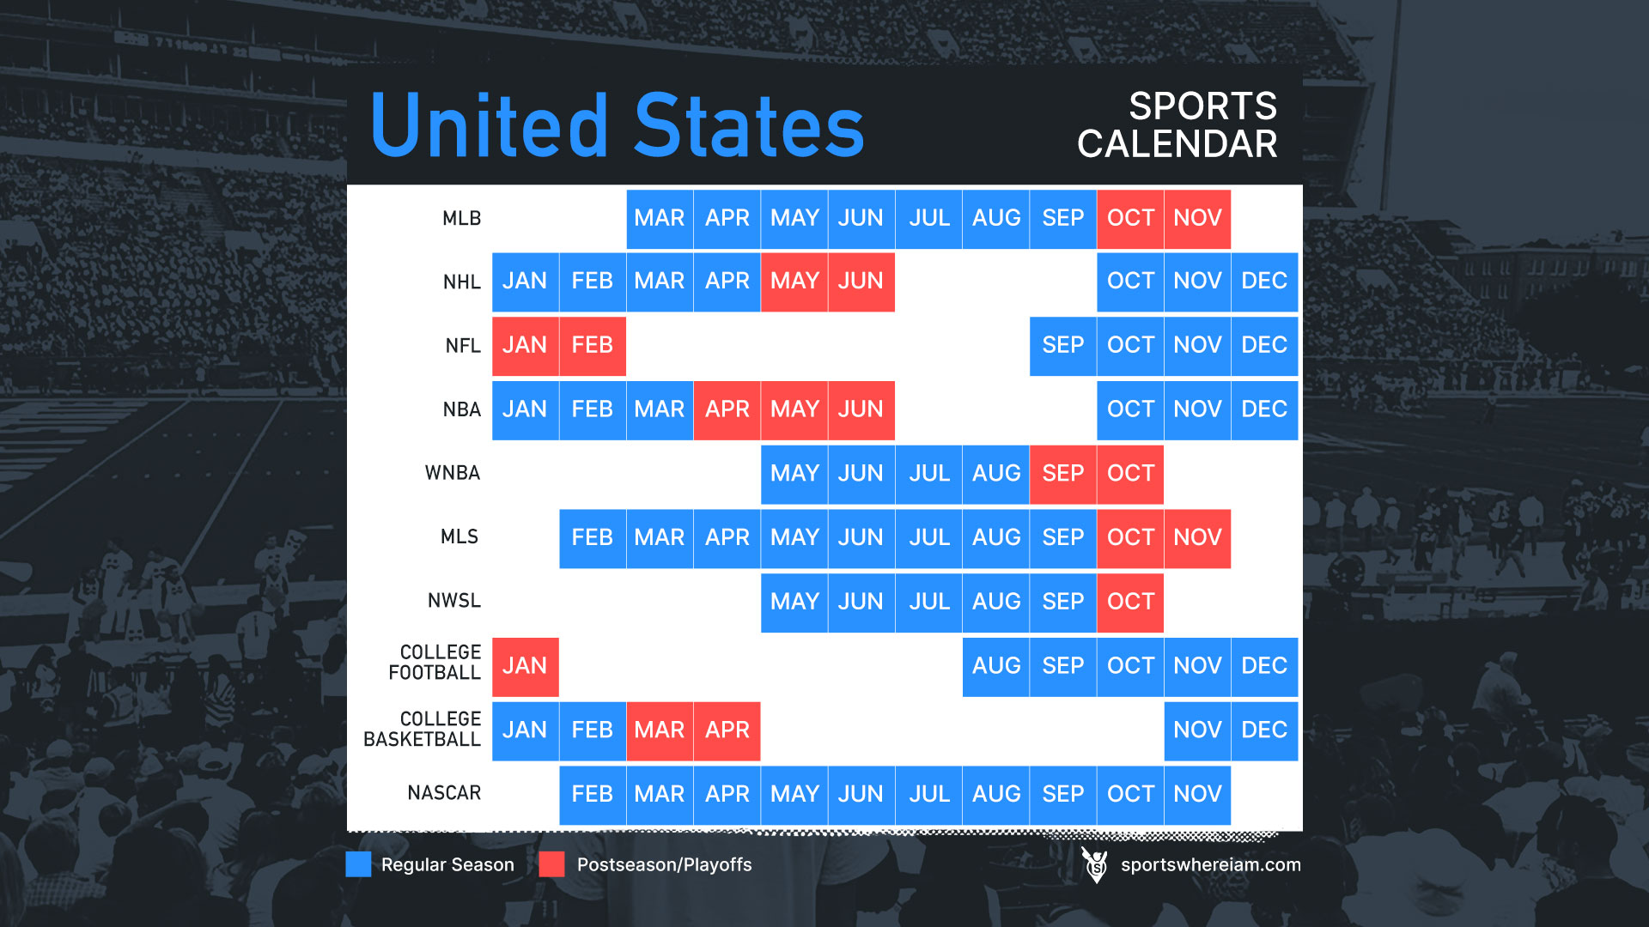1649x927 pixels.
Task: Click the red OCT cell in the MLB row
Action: pos(1130,219)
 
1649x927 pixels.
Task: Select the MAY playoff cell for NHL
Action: pos(794,282)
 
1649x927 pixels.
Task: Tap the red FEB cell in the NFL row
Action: pos(593,346)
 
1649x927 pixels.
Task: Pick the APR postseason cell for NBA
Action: pos(727,410)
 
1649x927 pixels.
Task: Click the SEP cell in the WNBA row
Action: pos(1063,474)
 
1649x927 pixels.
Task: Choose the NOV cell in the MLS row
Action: pos(1197,538)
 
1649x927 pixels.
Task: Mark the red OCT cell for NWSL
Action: pos(1130,603)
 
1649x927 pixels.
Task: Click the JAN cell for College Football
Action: pos(525,667)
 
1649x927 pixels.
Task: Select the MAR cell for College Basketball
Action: pos(660,730)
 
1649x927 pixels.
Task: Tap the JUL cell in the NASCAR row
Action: pos(929,795)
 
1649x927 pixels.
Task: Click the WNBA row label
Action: pos(453,473)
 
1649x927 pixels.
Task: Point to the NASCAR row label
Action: pos(444,793)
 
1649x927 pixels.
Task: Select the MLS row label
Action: pos(459,537)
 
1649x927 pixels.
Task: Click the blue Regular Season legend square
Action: pos(358,864)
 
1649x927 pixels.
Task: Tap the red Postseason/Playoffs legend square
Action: pos(552,864)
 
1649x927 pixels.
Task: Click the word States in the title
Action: pos(749,126)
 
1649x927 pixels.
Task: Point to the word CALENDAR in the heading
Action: pos(1177,144)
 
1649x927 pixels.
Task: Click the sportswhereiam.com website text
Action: pos(1211,865)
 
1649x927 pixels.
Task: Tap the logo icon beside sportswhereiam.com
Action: pos(1095,864)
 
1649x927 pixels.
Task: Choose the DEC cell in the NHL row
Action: pos(1264,282)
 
